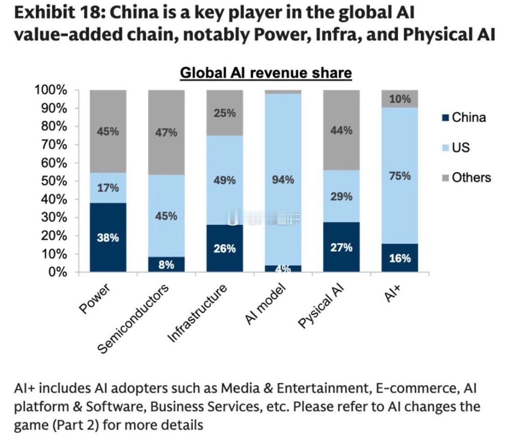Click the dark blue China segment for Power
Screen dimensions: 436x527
coord(108,237)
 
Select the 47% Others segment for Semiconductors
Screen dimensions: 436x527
coord(166,132)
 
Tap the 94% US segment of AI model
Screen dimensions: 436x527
coord(283,180)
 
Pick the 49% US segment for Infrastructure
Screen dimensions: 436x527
coord(224,180)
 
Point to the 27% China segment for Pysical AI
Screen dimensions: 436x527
coord(341,247)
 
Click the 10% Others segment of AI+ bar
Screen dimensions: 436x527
coord(400,99)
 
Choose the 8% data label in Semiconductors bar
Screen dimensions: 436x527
coord(166,265)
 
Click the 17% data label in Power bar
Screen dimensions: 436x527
coord(108,188)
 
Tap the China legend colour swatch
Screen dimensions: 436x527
coord(446,118)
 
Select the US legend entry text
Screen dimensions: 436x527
coord(460,147)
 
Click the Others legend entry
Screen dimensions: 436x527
coord(471,177)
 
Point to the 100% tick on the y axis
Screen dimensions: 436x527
coord(51,90)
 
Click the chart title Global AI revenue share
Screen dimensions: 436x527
coord(266,73)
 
